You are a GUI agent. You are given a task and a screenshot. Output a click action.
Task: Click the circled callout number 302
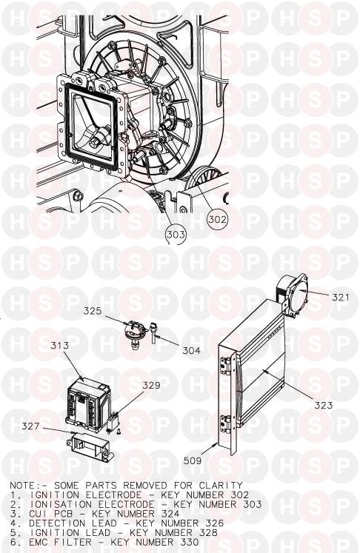218,219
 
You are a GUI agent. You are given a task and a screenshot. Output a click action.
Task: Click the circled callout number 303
176,234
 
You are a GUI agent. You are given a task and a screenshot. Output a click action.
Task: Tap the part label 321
341,297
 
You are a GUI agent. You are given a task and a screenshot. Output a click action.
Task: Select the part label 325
93,311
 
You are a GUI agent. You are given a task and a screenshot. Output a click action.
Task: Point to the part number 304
191,350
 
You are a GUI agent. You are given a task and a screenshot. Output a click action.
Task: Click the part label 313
60,345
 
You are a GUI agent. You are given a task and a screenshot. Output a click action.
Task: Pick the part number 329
151,386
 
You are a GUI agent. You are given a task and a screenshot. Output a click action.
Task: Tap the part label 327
30,426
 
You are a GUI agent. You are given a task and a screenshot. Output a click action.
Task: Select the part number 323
323,405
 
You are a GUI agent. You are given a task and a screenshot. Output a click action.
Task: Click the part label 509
193,460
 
